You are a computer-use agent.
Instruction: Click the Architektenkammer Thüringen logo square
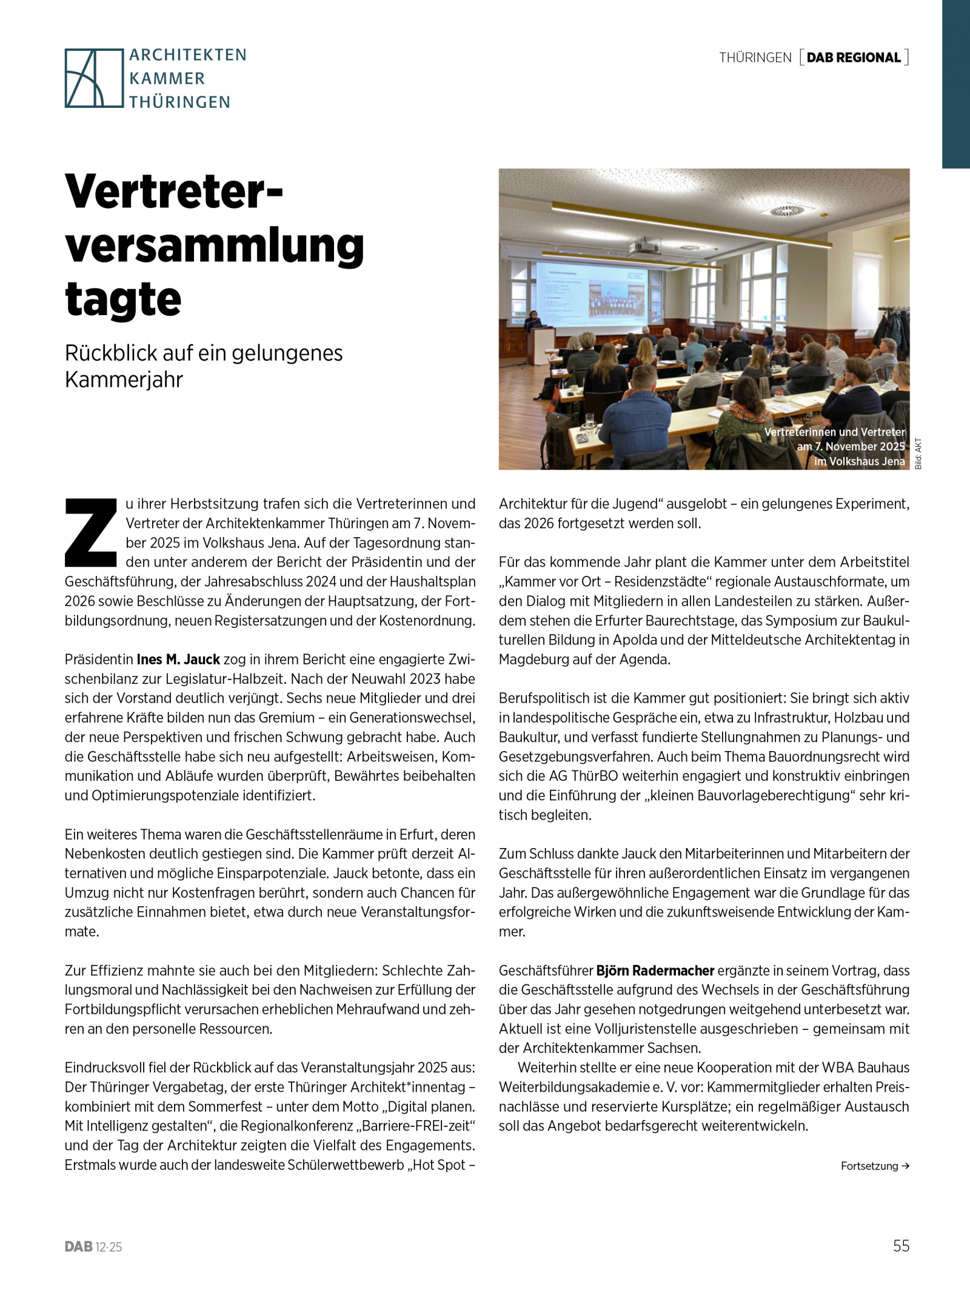(94, 78)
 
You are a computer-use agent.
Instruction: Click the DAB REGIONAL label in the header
(854, 58)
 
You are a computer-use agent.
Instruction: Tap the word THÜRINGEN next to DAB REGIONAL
(755, 58)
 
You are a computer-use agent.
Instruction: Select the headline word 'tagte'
(123, 299)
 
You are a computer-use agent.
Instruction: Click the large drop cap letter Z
(91, 532)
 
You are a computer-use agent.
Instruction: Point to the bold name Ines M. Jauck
(178, 660)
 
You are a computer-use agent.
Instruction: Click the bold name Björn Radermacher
(655, 971)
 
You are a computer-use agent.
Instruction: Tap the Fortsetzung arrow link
(875, 1166)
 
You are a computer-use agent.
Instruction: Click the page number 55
(901, 1246)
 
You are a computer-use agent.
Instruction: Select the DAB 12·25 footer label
(93, 1247)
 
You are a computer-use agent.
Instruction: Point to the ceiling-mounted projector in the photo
(644, 247)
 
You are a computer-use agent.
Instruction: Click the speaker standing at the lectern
(535, 321)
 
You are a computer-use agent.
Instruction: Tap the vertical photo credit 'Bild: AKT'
(918, 453)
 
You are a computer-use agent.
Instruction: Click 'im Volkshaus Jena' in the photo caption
(859, 461)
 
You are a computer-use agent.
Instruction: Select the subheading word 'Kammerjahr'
(124, 380)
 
